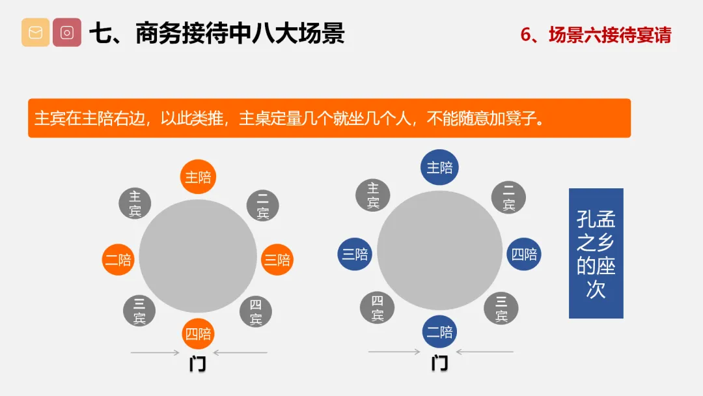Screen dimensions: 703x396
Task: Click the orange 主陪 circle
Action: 198,177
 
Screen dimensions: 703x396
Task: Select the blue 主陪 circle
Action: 439,167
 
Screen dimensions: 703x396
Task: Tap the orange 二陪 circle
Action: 118,260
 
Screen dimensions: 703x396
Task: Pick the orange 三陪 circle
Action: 277,260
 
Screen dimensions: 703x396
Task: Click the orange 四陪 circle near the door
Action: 198,333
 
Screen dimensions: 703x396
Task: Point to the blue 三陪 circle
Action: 355,254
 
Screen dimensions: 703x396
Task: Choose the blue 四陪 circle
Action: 524,254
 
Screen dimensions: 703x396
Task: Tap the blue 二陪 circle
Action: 439,332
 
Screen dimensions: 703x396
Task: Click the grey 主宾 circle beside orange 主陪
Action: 135,203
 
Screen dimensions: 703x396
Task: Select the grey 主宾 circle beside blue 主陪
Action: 372,195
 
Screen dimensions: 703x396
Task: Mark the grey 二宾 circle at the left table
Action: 263,205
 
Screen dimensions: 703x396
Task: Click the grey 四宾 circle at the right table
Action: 377,307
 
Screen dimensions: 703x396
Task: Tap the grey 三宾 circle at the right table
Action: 501,309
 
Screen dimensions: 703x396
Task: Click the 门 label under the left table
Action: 198,363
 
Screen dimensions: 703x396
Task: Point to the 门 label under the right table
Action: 440,363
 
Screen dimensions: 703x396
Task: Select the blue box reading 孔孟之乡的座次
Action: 596,253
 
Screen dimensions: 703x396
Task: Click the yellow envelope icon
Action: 35,33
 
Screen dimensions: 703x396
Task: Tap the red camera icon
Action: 67,33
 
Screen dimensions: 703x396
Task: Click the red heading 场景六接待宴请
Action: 610,35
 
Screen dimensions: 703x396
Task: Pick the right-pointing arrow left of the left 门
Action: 155,352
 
